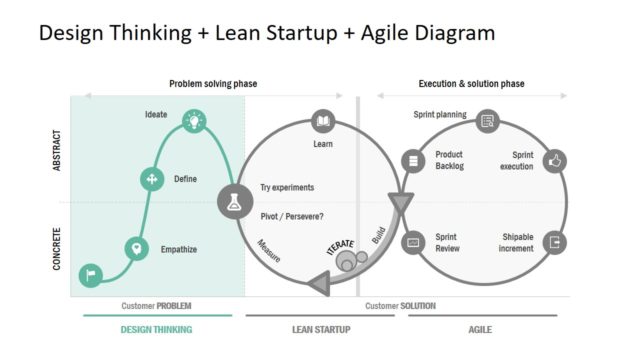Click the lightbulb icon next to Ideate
[194, 122]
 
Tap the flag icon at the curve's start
[91, 275]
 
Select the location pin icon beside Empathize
[136, 248]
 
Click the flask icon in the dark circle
[233, 200]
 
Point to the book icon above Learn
[323, 122]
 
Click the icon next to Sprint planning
[488, 122]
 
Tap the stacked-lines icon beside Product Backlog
[412, 160]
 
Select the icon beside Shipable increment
[557, 242]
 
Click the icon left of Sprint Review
[412, 242]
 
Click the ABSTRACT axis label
[57, 149]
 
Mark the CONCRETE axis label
[57, 247]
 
